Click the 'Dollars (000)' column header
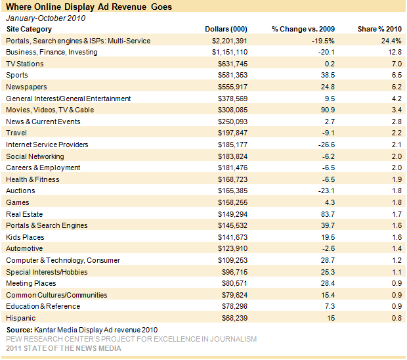pos(226,29)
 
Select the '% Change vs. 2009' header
pos(303,29)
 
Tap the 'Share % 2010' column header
pos(379,29)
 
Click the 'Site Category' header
pos(29,30)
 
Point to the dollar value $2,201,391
pos(230,41)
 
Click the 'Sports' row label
pos(17,76)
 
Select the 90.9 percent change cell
pos(328,110)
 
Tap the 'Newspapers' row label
pos(26,87)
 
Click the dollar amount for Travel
pos(232,133)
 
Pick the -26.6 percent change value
pos(326,145)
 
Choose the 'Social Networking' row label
pos(35,156)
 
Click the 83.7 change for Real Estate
pos(328,214)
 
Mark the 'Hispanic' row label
pos(21,318)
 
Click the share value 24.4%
pos(391,41)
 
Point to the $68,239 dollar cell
pos(234,318)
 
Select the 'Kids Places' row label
pos(25,237)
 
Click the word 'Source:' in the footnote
pos(20,330)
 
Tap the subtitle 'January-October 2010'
pos(46,18)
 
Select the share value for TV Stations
pos(397,64)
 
